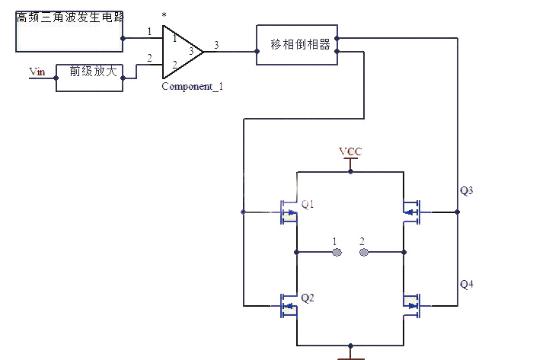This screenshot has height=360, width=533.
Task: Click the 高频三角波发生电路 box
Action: click(69, 30)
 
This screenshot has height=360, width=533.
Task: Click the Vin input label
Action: click(37, 72)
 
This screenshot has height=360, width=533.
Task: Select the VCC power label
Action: click(350, 152)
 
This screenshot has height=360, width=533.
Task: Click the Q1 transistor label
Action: click(308, 204)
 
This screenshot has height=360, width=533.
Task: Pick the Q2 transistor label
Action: click(308, 298)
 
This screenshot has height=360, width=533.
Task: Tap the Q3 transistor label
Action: click(467, 190)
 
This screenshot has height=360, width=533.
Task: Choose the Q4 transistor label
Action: click(467, 284)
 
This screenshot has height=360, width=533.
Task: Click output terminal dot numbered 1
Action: click(335, 251)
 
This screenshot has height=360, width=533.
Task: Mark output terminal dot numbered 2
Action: click(363, 251)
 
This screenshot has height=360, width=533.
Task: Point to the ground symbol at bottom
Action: click(350, 354)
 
